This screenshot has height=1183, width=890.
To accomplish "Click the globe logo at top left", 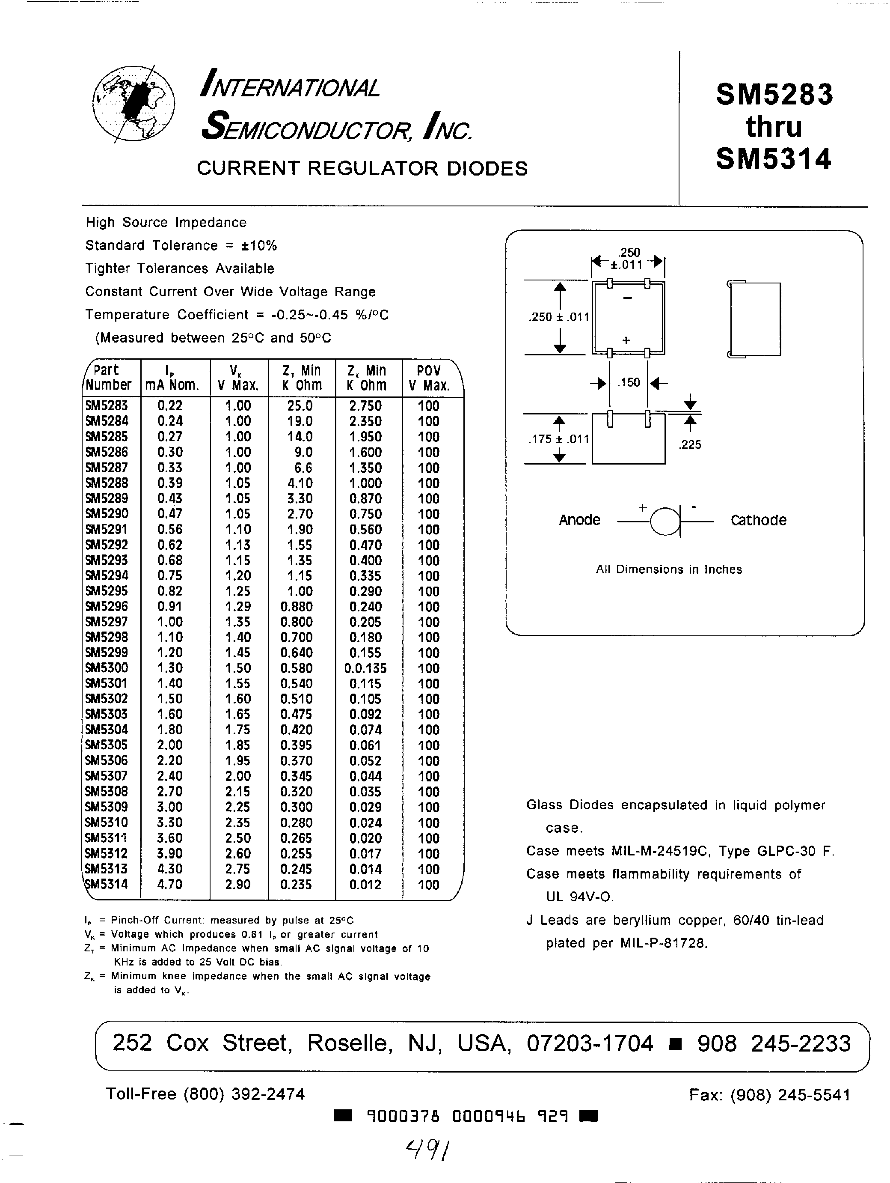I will pos(133,104).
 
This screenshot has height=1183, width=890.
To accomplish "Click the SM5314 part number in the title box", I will pos(774,159).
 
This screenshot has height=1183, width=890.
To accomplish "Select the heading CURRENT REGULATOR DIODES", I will pos(362,168).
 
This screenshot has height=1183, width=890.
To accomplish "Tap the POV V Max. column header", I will pos(429,378).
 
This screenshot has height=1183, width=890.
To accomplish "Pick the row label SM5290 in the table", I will pos(107,514).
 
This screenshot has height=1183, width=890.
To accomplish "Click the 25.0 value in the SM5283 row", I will pos(300,406).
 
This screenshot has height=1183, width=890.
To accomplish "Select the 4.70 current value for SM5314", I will pos(170,885).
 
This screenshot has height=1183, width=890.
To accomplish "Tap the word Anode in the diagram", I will pos(579,520).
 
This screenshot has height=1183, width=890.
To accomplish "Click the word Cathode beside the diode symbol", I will pos(758,520).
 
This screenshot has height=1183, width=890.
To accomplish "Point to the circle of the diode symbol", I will pos(665,521).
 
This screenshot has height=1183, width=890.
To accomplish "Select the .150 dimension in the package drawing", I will pos(629,382).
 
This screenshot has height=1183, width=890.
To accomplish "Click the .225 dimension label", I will pos(690,444).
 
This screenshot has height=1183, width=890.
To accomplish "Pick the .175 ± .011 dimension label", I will pos(558,439).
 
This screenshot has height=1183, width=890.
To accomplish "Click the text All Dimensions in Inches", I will pos(669,569).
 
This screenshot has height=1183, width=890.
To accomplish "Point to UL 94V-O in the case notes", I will pos(579,897).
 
